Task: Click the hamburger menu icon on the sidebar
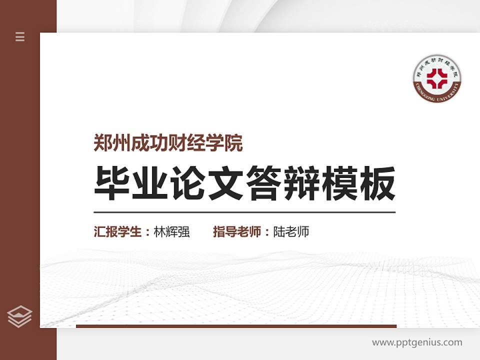tap(20, 36)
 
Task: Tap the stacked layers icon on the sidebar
tap(20, 316)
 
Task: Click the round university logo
tap(437, 77)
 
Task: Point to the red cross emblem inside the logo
tap(437, 78)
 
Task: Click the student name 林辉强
tap(172, 232)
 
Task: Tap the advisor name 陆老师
tap(291, 232)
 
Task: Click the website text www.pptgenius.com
tap(417, 342)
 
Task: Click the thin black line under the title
tap(244, 212)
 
